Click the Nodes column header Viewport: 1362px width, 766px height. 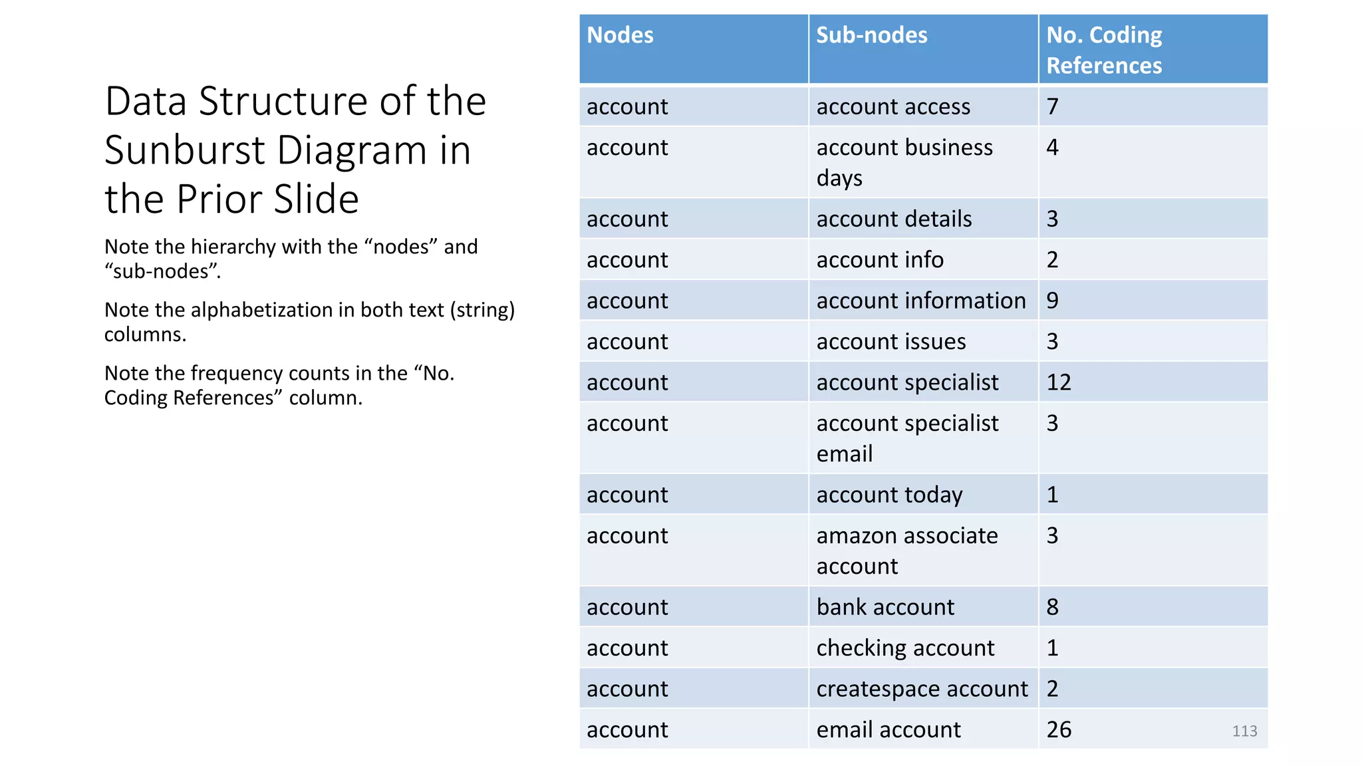click(620, 35)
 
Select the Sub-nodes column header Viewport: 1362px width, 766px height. click(871, 35)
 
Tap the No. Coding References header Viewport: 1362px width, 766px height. click(1104, 50)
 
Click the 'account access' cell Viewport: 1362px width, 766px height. click(893, 106)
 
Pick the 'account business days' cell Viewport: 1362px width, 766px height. click(904, 162)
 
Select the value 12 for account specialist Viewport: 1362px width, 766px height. click(1059, 382)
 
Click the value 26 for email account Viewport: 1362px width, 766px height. click(1059, 729)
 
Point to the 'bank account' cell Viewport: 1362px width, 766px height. click(885, 607)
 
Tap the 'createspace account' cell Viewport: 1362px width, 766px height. click(922, 689)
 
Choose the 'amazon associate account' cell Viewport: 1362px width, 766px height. click(907, 551)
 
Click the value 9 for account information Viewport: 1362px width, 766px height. click(1052, 301)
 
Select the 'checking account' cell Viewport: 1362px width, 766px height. click(905, 648)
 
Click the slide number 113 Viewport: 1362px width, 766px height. click(1244, 731)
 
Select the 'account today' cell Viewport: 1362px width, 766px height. click(889, 495)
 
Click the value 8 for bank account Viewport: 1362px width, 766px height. click(1052, 607)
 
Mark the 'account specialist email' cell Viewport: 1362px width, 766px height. click(907, 438)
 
